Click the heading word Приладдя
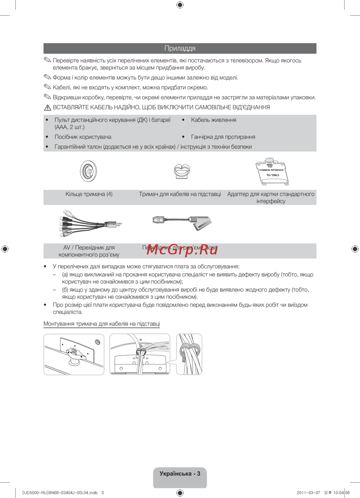[x=180, y=48]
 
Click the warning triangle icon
[x=48, y=108]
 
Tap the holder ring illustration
[x=89, y=171]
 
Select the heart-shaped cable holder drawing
[x=182, y=171]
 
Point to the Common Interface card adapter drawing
[x=272, y=172]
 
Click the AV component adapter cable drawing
[x=90, y=224]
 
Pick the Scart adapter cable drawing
[x=182, y=222]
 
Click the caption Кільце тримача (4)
[x=89, y=194]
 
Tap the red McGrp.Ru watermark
[x=182, y=249]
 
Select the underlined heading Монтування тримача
[x=102, y=324]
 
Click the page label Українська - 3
[x=180, y=474]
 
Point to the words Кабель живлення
[x=213, y=120]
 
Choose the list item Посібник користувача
[x=83, y=137]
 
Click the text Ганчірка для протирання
[x=223, y=137]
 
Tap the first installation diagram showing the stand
[x=74, y=354]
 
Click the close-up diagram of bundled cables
[x=189, y=354]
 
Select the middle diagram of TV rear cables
[x=140, y=354]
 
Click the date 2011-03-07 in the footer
[x=308, y=493]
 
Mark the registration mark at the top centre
[x=180, y=5]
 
